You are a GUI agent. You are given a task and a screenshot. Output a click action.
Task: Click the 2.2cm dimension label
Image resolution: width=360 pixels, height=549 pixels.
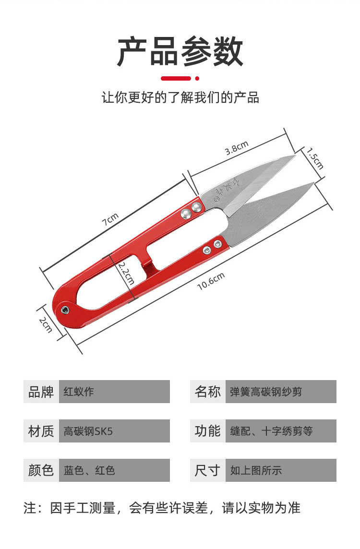126,274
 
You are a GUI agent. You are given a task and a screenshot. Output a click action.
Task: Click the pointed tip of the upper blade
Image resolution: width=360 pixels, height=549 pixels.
295,156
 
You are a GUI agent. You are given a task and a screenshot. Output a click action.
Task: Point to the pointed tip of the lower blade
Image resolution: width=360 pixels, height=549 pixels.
314,183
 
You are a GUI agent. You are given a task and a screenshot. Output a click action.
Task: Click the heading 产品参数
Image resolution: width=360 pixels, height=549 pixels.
180,51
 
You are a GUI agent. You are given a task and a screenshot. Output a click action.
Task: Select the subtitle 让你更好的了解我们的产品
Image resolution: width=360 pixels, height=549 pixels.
180,97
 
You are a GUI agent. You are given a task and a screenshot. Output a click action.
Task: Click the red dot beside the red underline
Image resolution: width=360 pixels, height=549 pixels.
197,78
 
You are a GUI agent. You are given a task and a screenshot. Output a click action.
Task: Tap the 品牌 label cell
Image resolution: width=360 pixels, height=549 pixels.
41,392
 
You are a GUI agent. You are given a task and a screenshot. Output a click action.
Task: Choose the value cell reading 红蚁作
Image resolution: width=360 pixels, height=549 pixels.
114,392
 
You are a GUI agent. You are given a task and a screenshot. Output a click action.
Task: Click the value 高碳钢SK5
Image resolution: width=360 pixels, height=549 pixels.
114,431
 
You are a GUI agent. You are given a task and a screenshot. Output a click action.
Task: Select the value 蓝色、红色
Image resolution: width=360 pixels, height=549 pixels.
114,470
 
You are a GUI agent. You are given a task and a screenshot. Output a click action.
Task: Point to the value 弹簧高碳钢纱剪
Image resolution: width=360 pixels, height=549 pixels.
281,392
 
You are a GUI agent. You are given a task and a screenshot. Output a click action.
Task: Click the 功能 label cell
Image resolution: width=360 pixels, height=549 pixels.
207,431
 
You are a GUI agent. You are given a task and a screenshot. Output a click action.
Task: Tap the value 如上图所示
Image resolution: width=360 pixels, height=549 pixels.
281,470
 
